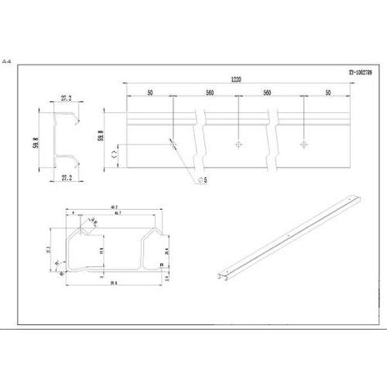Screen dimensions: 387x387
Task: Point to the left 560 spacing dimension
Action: click(x=211, y=92)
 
